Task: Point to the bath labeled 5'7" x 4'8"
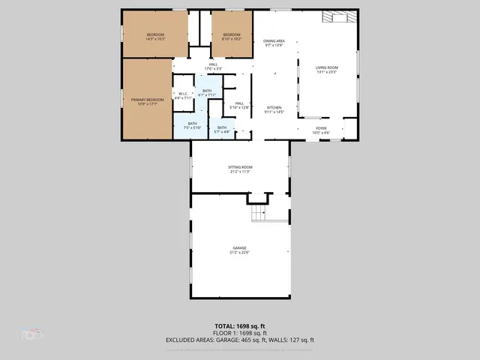pyautogui.click(x=222, y=130)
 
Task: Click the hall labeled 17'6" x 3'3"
pyautogui.click(x=213, y=67)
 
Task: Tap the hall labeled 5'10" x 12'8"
pyautogui.click(x=239, y=106)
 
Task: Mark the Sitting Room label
pyautogui.click(x=240, y=169)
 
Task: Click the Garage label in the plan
pyautogui.click(x=240, y=250)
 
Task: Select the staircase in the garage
pyautogui.click(x=259, y=213)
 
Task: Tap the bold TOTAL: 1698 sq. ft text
pyautogui.click(x=240, y=325)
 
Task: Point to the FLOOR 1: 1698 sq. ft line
pyautogui.click(x=240, y=332)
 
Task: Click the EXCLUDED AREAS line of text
pyautogui.click(x=240, y=340)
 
